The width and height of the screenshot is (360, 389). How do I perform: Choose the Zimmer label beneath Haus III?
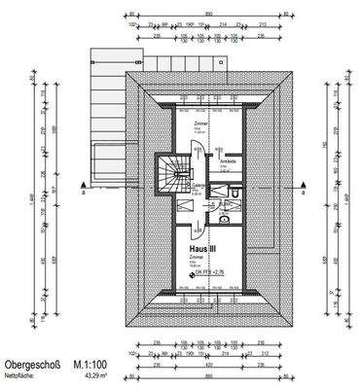(195, 258)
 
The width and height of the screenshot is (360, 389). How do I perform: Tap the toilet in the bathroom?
(224, 221)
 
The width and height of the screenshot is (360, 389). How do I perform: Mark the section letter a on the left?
(86, 194)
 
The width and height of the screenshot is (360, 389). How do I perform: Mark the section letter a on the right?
(313, 194)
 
